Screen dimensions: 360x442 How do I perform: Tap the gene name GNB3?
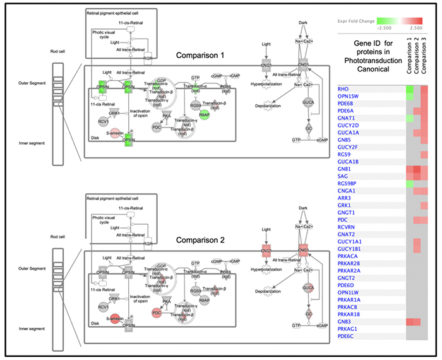pos(345,322)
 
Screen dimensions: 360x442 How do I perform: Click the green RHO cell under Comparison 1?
pos(409,89)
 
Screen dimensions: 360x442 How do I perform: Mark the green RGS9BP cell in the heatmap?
pos(409,184)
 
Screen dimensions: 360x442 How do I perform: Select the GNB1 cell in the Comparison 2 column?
pos(417,169)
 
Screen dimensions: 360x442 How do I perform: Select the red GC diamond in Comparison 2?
pos(309,313)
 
